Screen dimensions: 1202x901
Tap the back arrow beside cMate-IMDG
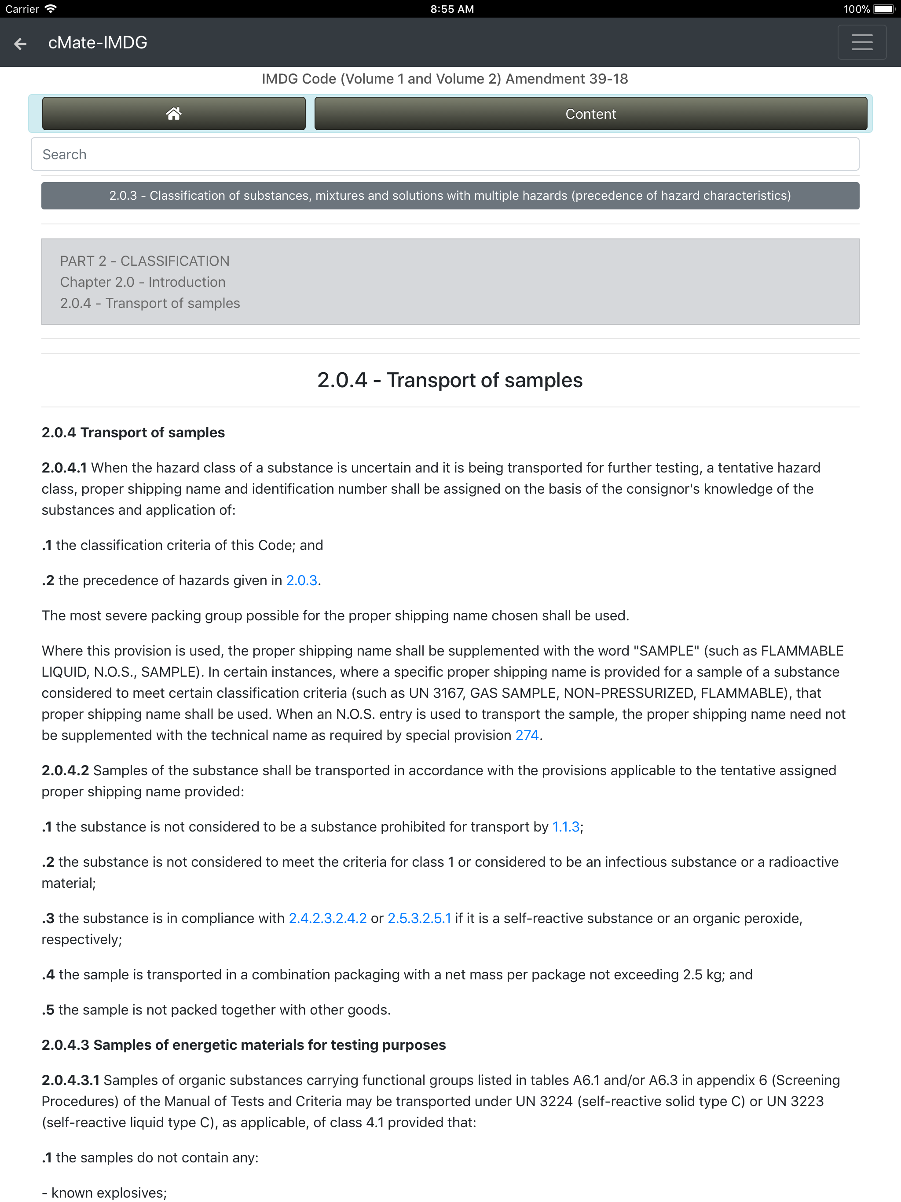point(20,43)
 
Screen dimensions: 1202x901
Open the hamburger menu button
point(861,42)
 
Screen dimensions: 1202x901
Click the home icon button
point(173,114)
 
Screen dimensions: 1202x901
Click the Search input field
point(444,154)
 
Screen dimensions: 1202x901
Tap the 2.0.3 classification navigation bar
point(450,196)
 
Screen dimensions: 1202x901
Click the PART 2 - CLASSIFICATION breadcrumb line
point(145,261)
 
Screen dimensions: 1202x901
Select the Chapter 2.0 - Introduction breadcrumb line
point(143,282)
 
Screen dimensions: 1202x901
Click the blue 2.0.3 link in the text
point(302,580)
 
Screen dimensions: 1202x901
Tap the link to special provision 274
point(527,735)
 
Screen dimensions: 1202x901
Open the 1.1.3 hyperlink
point(566,827)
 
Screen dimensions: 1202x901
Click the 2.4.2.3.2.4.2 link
point(327,918)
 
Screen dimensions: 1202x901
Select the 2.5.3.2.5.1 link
point(419,918)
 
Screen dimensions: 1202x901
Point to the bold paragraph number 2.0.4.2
point(65,770)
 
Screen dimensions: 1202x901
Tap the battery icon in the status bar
point(883,9)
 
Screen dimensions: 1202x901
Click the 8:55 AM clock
point(451,9)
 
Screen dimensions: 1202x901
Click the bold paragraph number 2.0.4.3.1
point(71,1080)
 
